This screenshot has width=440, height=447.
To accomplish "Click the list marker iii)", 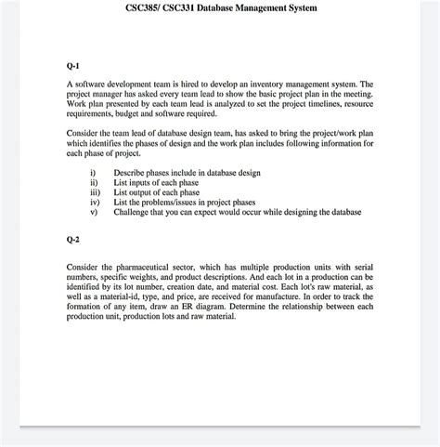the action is pyautogui.click(x=94, y=192).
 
